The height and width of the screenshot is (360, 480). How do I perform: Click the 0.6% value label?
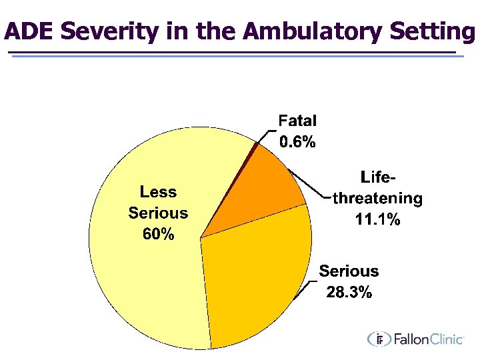297,142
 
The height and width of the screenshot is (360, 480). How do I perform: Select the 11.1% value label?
377,219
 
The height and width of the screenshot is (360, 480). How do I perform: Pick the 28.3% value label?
349,292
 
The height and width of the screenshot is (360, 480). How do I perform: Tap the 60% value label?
158,235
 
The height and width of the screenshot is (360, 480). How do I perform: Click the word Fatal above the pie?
297,121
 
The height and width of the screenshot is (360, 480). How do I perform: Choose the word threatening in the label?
377,198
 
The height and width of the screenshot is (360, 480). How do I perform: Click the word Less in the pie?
158,192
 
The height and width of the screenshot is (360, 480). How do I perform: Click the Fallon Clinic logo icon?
380,339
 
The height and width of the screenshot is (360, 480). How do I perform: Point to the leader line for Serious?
308,287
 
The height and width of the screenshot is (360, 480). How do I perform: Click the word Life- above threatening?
378,177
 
